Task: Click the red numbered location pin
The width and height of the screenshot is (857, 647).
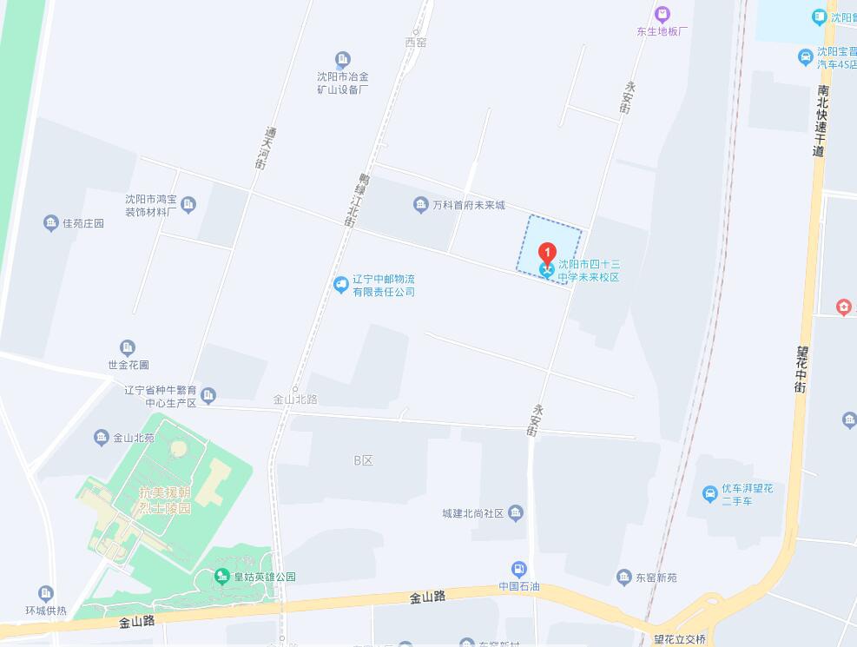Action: [x=547, y=253]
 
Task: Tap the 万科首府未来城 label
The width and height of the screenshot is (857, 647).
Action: [x=469, y=205]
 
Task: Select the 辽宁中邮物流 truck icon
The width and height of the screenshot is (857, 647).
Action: [x=340, y=284]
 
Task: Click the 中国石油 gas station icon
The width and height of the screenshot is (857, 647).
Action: [x=519, y=570]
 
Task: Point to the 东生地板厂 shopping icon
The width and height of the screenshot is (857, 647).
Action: [x=663, y=14]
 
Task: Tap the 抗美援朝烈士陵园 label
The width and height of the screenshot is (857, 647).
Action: [x=164, y=500]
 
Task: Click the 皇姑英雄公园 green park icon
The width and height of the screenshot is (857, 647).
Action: [x=223, y=577]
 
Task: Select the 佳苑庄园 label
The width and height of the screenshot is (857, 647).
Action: [x=83, y=223]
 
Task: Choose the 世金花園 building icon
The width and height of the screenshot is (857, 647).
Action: [x=128, y=347]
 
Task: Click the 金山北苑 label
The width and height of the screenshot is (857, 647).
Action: [x=134, y=438]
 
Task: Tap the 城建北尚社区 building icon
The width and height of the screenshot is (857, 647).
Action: [x=516, y=512]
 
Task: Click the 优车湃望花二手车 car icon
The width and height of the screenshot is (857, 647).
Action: [x=709, y=494]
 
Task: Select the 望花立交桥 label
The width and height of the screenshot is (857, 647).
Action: [x=680, y=639]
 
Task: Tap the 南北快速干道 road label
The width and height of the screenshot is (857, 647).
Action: [x=821, y=121]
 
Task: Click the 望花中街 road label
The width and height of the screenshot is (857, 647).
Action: [x=801, y=370]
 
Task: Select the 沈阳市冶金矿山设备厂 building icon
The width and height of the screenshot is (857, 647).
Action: [x=343, y=59]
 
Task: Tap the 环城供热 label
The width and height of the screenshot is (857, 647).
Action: [x=45, y=611]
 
